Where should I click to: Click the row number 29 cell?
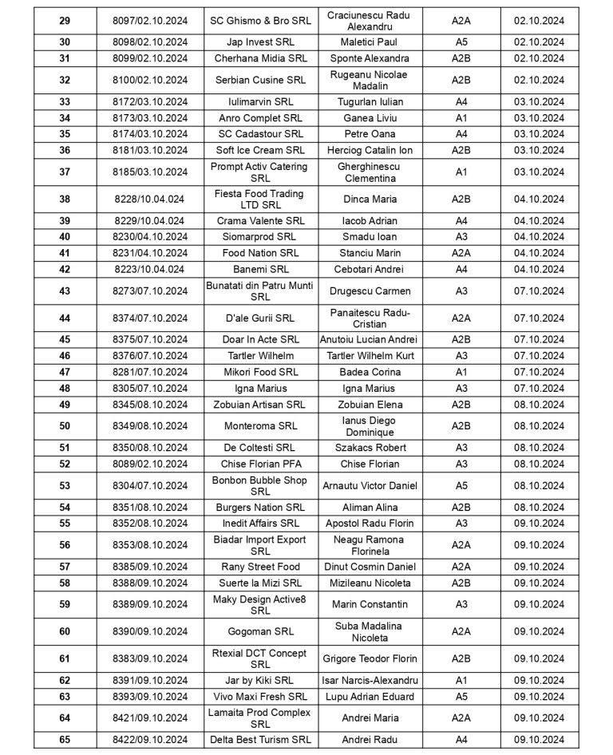tap(64, 20)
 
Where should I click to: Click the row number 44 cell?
tap(64, 318)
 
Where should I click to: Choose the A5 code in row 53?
tap(461, 485)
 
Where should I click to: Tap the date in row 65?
tap(539, 739)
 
